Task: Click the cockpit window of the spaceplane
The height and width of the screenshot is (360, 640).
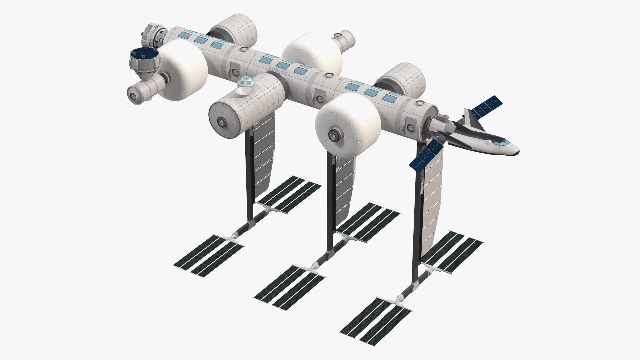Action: (499, 143)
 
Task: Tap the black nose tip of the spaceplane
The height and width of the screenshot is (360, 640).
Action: (517, 153)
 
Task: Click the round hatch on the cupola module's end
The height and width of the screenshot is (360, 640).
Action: (221, 122)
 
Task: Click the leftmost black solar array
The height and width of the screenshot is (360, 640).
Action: (208, 255)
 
